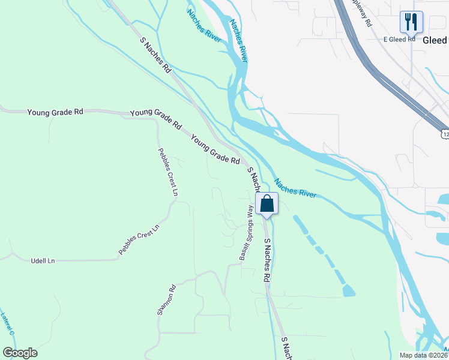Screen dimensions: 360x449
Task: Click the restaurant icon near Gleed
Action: click(x=411, y=22)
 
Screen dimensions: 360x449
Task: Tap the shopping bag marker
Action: click(x=267, y=203)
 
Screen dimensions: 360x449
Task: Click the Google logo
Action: click(x=20, y=353)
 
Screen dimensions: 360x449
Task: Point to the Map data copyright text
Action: click(x=423, y=355)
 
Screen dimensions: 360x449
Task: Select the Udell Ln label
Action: click(x=43, y=261)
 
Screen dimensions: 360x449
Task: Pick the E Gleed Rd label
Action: click(x=399, y=39)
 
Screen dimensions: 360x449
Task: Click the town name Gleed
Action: click(x=435, y=40)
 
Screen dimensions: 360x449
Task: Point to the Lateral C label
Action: click(x=7, y=324)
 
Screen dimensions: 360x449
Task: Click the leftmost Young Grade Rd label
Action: click(x=55, y=112)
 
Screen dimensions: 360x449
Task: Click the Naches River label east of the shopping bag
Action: click(x=295, y=187)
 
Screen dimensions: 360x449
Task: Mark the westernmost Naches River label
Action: click(x=203, y=25)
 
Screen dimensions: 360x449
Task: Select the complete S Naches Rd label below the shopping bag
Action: click(x=268, y=260)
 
